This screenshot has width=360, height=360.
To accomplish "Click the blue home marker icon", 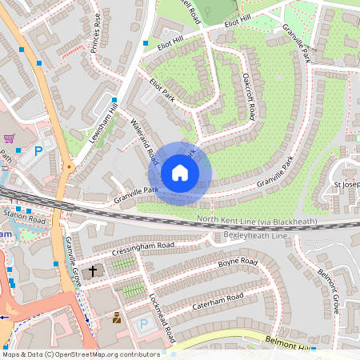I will (180, 173).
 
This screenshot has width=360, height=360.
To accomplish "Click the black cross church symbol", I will (93, 272).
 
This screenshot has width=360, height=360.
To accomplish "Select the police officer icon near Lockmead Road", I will (117, 318).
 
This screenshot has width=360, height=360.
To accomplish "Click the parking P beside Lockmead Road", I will (144, 324).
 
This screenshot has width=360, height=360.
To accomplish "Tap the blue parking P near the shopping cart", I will (37, 150).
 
